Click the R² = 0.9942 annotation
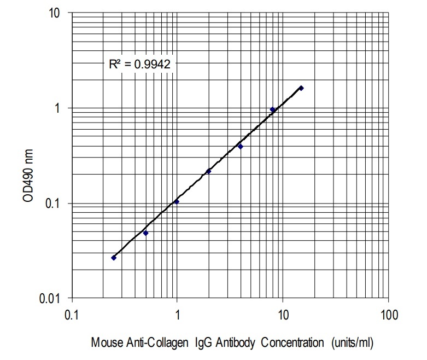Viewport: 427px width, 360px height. click(x=139, y=64)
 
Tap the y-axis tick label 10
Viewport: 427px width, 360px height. click(x=53, y=13)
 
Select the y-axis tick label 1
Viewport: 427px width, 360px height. click(x=56, y=108)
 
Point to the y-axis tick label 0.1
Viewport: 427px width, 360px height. click(x=51, y=204)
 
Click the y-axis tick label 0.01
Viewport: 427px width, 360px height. click(x=49, y=299)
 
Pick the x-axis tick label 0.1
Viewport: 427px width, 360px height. click(x=71, y=316)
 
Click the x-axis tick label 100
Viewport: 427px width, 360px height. click(x=388, y=316)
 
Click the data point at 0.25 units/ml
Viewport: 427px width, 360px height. click(x=114, y=257)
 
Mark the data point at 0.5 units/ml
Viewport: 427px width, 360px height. click(x=145, y=233)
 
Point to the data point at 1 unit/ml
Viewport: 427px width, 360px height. click(x=177, y=201)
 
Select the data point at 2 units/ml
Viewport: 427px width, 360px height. click(x=208, y=171)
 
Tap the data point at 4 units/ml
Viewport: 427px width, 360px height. click(x=240, y=147)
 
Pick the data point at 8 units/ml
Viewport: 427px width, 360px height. click(x=272, y=109)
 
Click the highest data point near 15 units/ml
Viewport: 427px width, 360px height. click(x=301, y=88)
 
